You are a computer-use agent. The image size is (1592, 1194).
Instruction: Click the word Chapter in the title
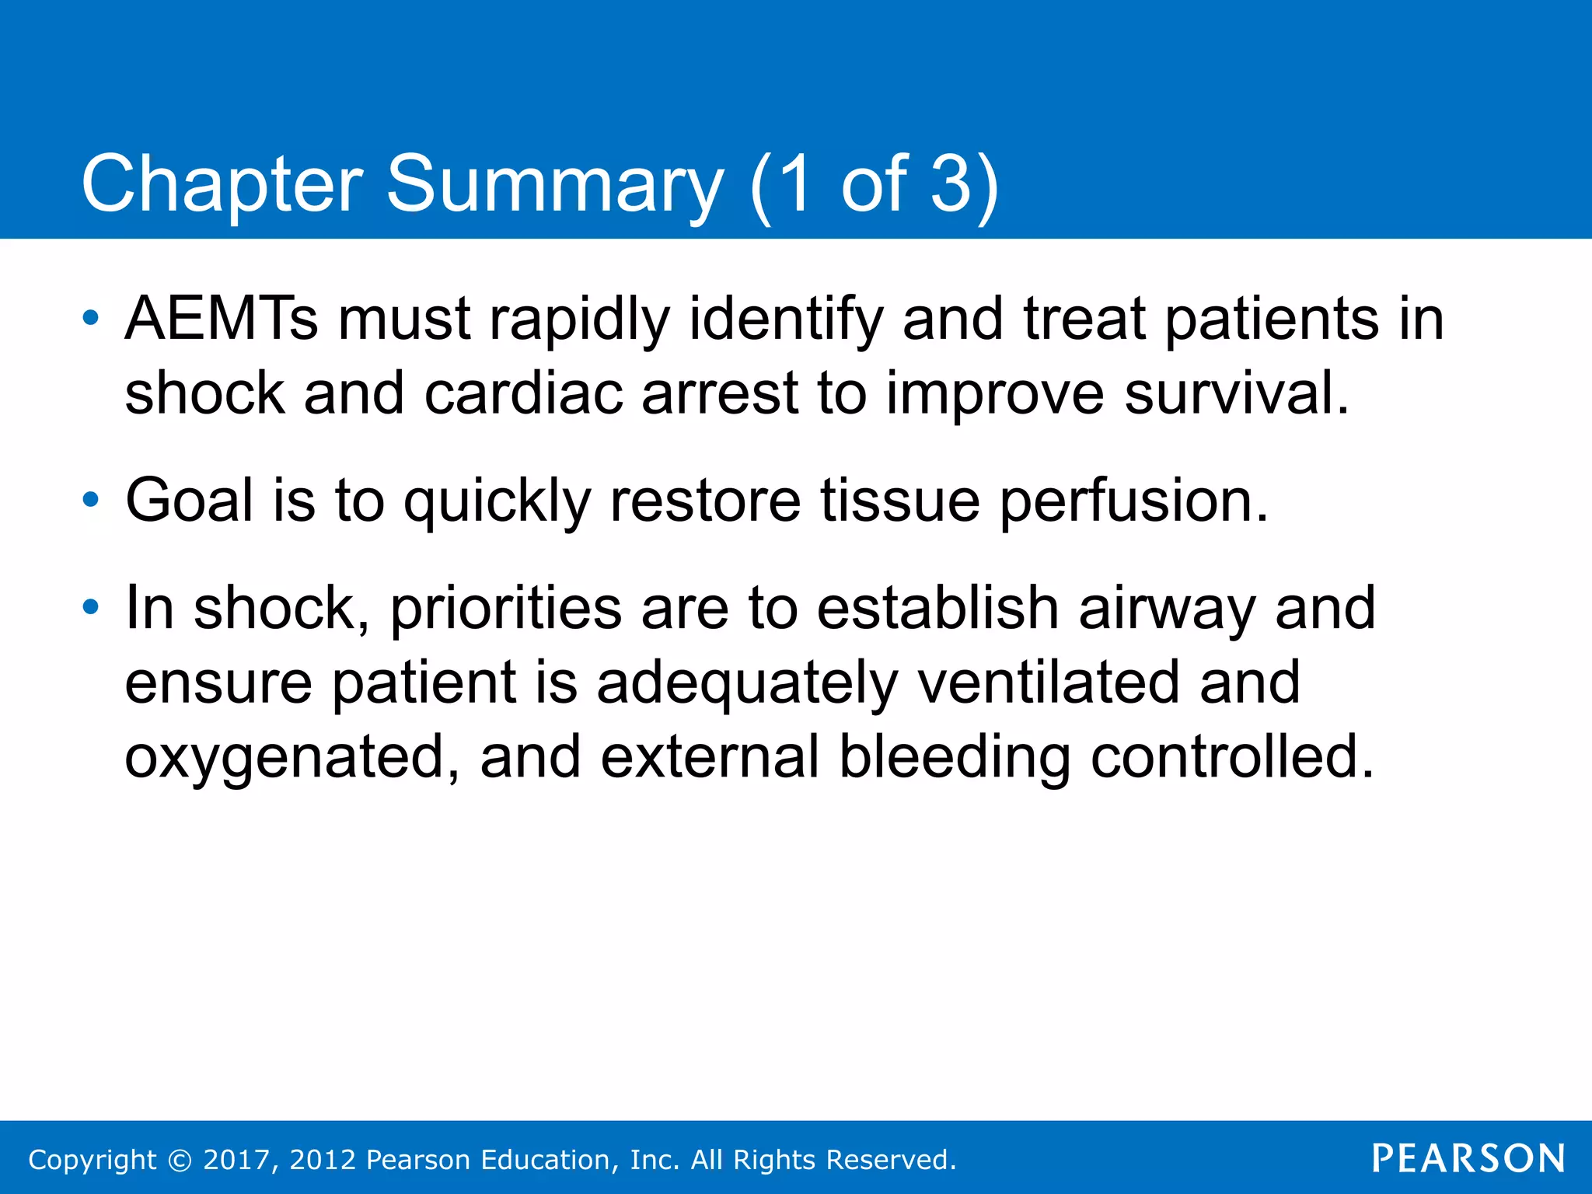click(222, 184)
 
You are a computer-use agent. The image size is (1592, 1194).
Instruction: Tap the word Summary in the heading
click(554, 184)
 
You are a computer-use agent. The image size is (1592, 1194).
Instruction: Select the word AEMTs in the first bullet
click(222, 319)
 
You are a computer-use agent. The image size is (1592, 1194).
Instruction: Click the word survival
click(1236, 393)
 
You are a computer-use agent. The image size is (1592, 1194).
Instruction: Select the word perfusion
click(1133, 501)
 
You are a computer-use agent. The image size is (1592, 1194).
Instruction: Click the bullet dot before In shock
click(91, 607)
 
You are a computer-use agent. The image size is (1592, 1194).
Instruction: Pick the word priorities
click(505, 609)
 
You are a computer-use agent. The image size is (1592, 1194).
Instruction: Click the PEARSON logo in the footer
click(1468, 1159)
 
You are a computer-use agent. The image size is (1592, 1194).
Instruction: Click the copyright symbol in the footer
click(180, 1161)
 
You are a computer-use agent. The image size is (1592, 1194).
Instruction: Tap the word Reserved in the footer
click(890, 1160)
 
